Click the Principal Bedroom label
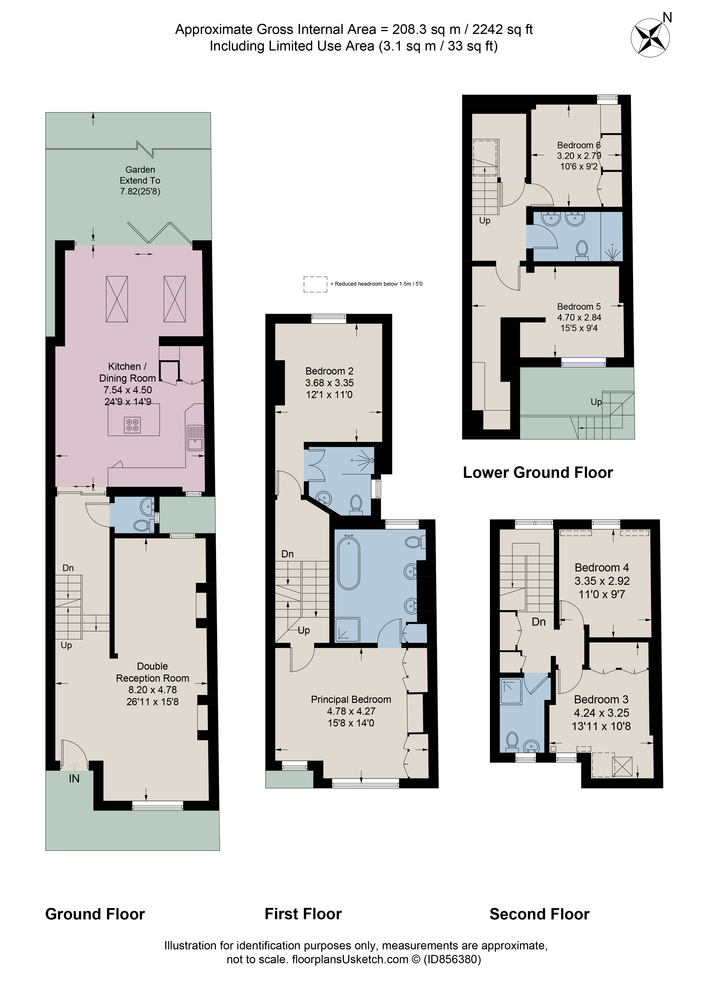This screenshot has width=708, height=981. point(351,699)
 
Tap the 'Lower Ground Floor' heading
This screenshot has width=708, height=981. point(538,473)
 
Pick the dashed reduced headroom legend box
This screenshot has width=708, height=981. point(315,284)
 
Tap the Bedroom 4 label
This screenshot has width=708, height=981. point(602,568)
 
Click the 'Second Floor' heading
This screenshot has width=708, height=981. point(539,914)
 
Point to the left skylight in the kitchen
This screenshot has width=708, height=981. point(117,299)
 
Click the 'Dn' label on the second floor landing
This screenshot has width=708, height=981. point(539,622)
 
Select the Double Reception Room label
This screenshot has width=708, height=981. point(152,672)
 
